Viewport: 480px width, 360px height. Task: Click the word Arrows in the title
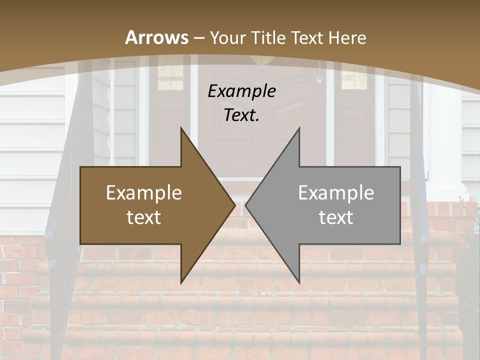pos(156,37)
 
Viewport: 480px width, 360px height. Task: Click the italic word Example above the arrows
pos(241,91)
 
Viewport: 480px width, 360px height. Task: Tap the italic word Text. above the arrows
pos(241,115)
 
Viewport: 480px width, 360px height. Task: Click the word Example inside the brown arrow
pos(144,193)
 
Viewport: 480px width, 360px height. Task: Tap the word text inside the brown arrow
pos(144,217)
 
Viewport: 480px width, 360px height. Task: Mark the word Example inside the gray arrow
pos(336,193)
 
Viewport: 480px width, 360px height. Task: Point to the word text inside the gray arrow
pos(336,217)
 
